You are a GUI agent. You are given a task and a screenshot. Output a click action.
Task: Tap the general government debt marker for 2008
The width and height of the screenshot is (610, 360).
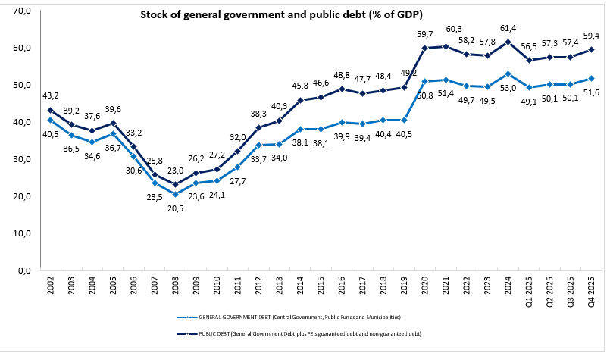tap(175, 194)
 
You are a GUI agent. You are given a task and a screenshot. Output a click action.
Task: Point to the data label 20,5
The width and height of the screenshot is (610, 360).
tap(175, 208)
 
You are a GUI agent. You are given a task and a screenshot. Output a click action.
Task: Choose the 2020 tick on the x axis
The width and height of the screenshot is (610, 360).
tap(424, 286)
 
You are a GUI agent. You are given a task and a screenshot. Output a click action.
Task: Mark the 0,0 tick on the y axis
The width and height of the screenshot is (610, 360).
tap(22, 270)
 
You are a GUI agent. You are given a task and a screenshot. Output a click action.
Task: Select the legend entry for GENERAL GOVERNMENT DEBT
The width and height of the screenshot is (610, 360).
tap(303, 315)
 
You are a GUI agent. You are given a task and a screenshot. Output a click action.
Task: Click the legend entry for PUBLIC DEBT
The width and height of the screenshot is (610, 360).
tap(303, 333)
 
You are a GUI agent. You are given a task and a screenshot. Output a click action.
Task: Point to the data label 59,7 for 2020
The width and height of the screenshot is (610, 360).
tap(424, 34)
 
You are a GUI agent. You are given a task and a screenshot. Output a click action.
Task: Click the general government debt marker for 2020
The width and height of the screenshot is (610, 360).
tap(424, 81)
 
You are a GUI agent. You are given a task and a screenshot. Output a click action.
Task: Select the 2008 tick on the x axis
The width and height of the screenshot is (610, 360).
tap(175, 286)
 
